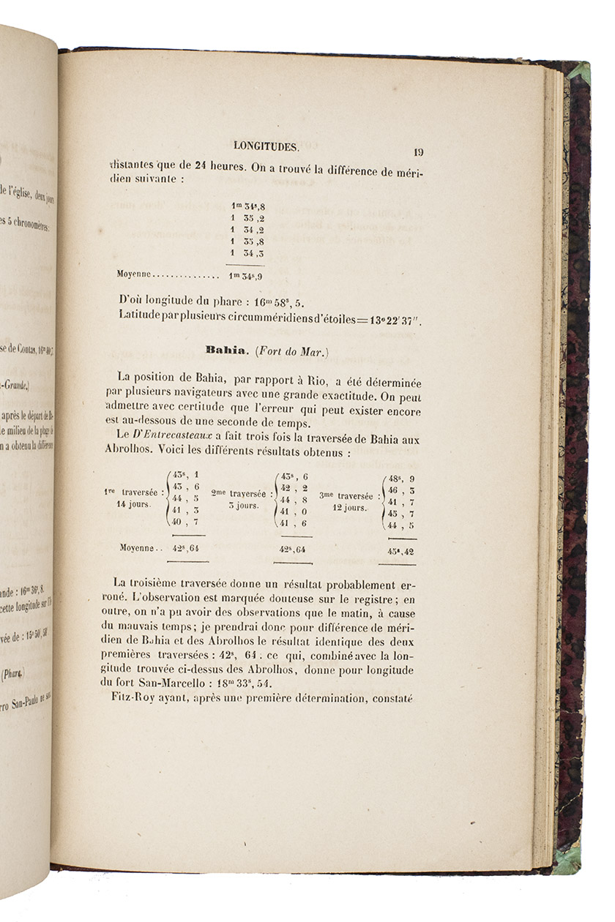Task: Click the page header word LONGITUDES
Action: tap(265, 147)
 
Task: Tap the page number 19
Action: tap(418, 152)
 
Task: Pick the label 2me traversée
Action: tap(238, 493)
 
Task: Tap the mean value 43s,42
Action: tap(398, 550)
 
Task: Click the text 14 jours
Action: tap(133, 505)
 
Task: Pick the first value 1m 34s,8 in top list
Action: tap(246, 206)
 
